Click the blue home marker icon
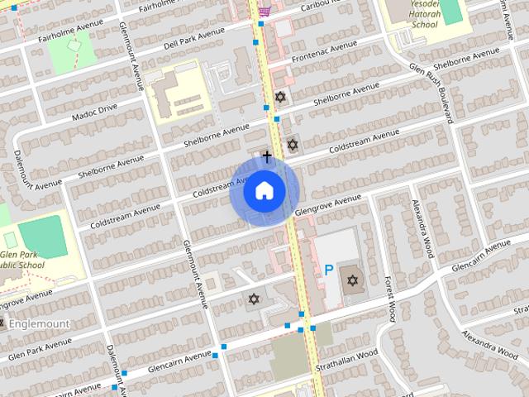point(264,191)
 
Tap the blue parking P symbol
point(329,270)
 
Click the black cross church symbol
point(267,155)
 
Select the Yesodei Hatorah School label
point(412,17)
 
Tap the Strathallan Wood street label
point(351,364)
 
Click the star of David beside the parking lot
point(353,280)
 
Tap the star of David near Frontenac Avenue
point(280,97)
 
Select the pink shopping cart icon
point(264,10)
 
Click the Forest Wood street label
point(392,295)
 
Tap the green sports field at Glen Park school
point(42,237)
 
